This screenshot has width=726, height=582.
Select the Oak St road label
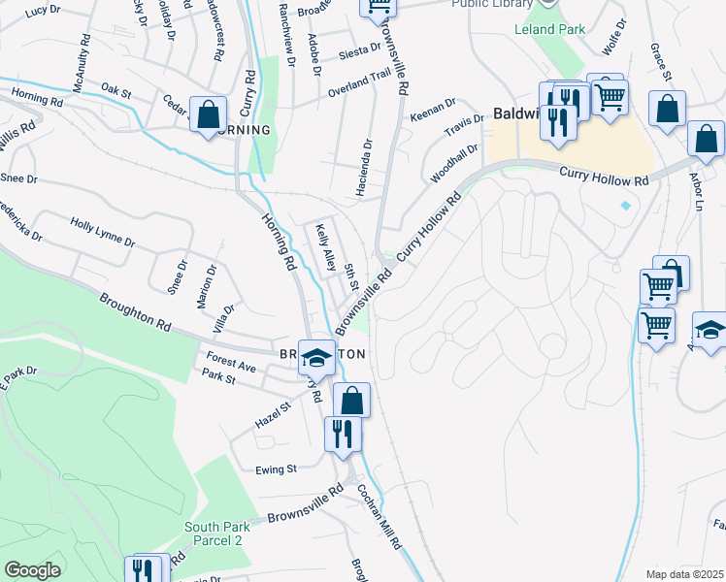(x=115, y=90)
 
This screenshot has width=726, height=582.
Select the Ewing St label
(x=276, y=469)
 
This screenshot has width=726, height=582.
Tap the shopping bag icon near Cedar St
(x=209, y=113)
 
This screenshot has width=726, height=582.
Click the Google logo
(x=32, y=570)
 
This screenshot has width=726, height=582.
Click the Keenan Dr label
(x=433, y=108)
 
